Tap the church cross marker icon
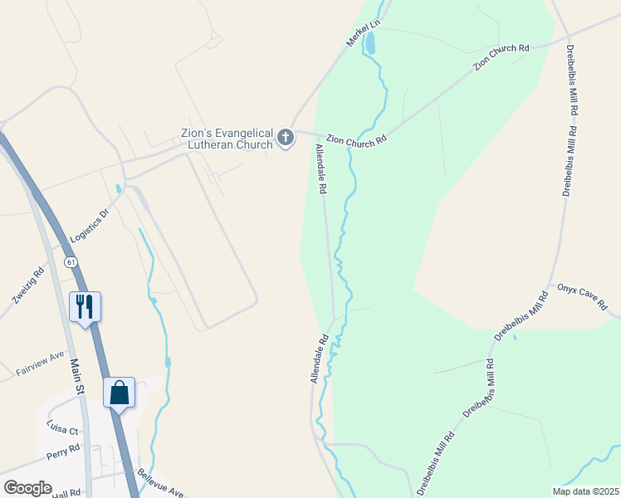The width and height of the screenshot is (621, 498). point(286,138)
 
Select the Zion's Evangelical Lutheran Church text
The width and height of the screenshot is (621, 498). point(227,139)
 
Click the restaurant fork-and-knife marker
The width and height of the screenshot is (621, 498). point(85,307)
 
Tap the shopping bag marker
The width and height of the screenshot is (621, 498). point(119,392)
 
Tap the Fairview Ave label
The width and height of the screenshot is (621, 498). point(40,365)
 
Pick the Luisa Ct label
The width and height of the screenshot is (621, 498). point(62,430)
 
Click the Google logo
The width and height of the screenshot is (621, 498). point(27,487)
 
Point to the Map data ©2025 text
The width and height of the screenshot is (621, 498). point(584,491)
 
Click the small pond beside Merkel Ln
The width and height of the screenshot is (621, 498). point(370,43)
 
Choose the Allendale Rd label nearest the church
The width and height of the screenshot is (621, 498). point(320,169)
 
